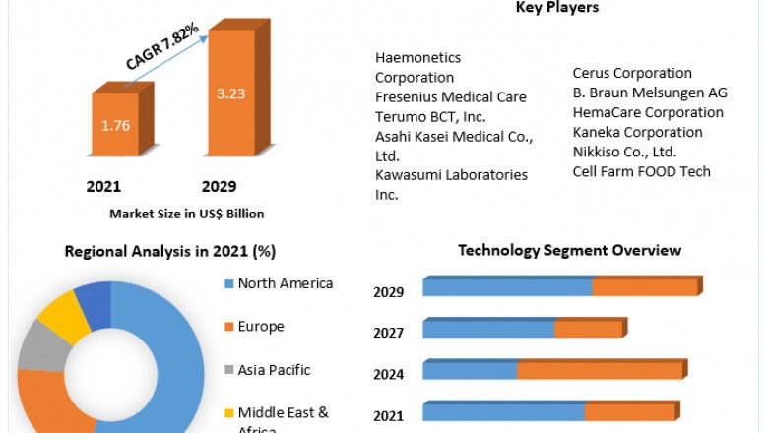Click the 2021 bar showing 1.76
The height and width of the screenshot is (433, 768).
(116, 125)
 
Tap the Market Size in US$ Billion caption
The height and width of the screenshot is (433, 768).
(186, 213)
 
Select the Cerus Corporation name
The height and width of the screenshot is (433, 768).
(632, 73)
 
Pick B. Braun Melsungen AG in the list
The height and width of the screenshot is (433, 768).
(650, 93)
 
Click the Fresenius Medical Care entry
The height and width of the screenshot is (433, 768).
(451, 96)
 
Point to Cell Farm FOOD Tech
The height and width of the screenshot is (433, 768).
(641, 171)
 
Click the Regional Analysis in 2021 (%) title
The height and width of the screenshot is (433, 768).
(170, 251)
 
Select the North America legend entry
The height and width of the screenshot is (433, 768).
(285, 283)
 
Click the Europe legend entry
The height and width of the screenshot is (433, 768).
(260, 326)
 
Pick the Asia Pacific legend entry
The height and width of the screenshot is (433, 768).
(274, 370)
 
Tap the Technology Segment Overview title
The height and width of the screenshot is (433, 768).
(569, 250)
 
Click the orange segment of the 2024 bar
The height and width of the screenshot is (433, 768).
(599, 370)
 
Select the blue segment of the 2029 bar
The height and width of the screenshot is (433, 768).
(507, 286)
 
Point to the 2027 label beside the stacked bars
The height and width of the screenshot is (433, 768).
(389, 333)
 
